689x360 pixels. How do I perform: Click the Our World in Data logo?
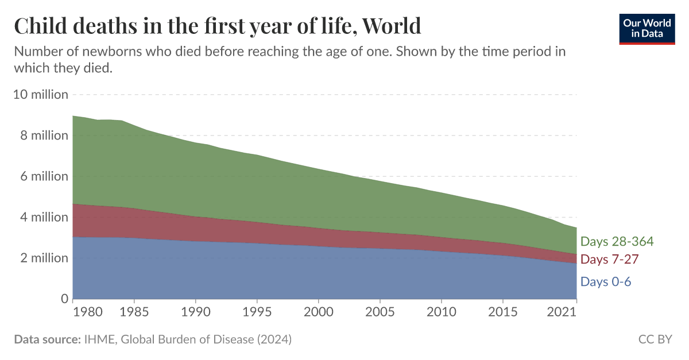(x=646, y=27)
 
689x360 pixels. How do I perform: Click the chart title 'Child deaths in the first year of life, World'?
(x=218, y=26)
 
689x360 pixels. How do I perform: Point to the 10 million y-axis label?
(x=40, y=94)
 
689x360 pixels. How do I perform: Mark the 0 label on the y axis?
(x=64, y=299)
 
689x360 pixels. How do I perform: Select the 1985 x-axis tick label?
(x=134, y=313)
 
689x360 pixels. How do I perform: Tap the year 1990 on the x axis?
(x=195, y=313)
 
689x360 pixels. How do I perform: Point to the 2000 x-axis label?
(x=318, y=313)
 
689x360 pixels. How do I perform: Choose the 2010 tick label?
(x=441, y=313)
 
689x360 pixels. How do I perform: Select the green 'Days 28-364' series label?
(x=617, y=241)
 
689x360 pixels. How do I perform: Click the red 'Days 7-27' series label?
(x=609, y=260)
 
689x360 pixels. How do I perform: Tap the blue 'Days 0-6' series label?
(x=606, y=281)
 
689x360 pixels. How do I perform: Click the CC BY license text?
(x=655, y=339)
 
